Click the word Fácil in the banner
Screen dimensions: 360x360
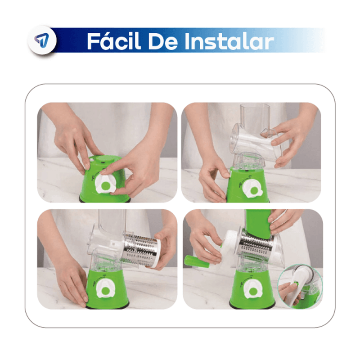click(x=114, y=41)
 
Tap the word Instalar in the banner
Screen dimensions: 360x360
click(x=229, y=41)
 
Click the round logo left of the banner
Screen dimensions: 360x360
click(x=42, y=40)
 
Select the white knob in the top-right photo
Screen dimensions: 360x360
click(x=252, y=189)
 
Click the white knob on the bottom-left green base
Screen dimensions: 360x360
click(x=105, y=289)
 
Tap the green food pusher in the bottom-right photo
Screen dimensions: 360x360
click(x=259, y=223)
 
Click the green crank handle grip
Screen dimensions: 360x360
click(x=197, y=262)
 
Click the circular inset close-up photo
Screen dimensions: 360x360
click(x=299, y=286)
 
